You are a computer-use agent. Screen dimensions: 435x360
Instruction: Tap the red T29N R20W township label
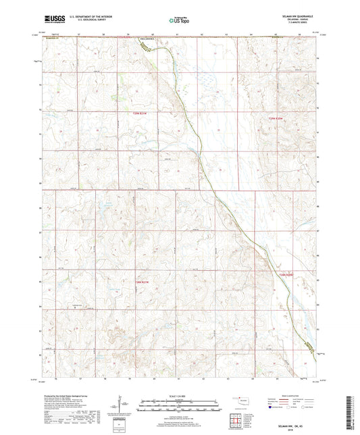[270, 120]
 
